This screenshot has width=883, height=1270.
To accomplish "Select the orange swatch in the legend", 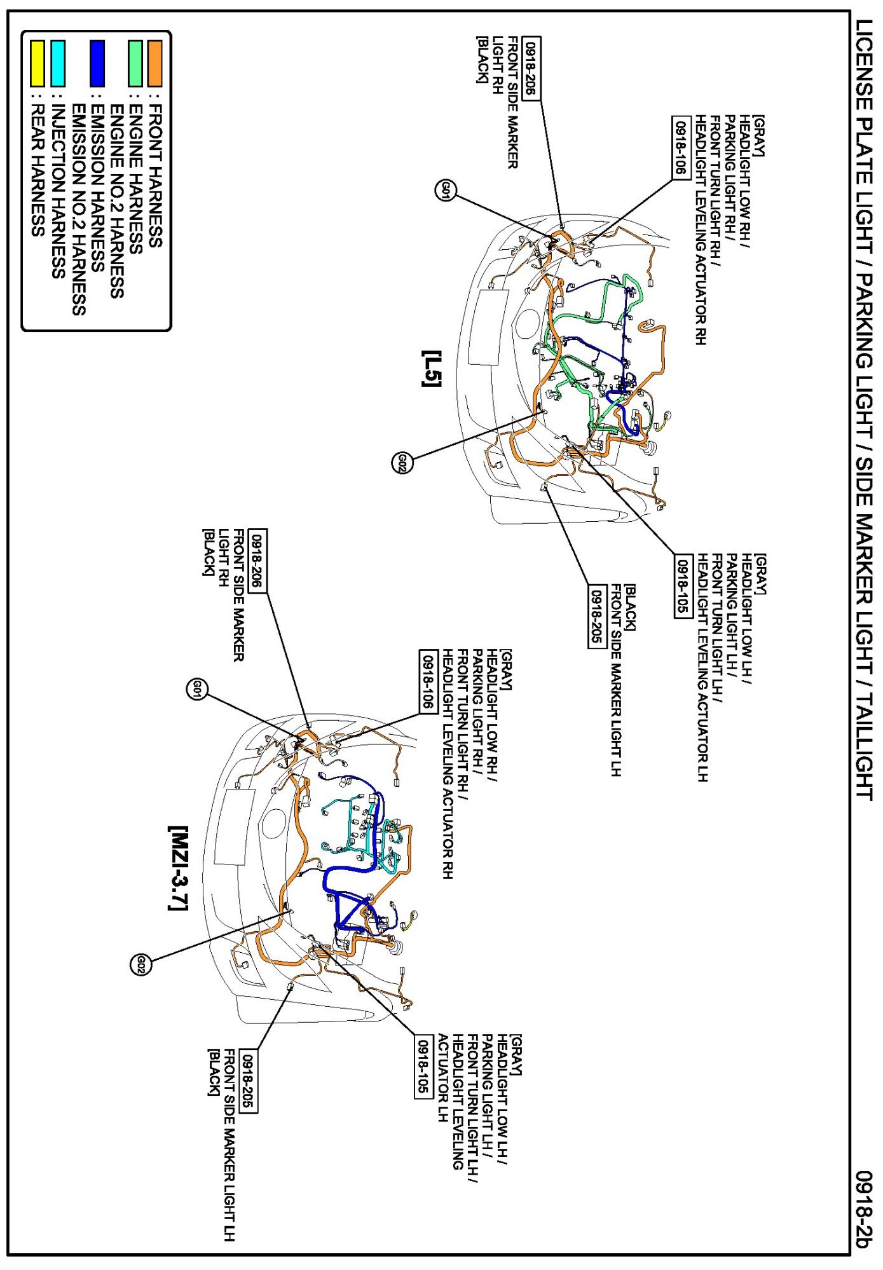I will point(154,63).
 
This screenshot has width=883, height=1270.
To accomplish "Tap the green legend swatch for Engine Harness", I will point(135,63).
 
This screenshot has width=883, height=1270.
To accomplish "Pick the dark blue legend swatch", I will point(97,63).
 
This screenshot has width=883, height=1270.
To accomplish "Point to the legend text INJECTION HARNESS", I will point(57,191).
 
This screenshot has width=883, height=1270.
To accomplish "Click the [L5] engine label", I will point(432,368).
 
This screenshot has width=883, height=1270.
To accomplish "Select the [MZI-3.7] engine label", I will point(178,868).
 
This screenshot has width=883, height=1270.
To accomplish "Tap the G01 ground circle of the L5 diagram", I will point(446,189).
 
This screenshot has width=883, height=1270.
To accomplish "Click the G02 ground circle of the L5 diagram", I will point(402,462).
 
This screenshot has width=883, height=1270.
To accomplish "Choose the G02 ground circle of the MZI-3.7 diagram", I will point(140,966).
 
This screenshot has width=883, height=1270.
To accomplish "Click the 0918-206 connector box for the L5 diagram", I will point(531,69).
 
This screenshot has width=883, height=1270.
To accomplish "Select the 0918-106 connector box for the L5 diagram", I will point(681,148).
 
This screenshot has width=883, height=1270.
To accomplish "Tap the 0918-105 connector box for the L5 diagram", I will point(682,585).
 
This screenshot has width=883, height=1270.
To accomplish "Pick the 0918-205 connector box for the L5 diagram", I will point(596,616).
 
